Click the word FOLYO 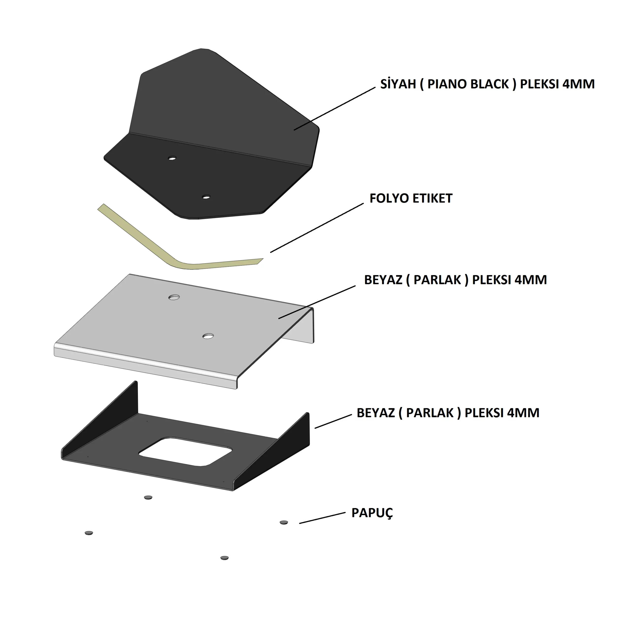click(388, 198)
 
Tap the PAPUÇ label click(372, 513)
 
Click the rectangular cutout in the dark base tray click(185, 452)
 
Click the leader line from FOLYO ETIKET click(317, 228)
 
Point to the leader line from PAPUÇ click(322, 518)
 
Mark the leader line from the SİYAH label click(334, 109)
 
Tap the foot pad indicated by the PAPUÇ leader click(284, 522)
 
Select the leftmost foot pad click(89, 533)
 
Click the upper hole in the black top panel click(172, 158)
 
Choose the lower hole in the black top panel click(206, 197)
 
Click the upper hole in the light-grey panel click(174, 297)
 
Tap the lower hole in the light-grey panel click(208, 336)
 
